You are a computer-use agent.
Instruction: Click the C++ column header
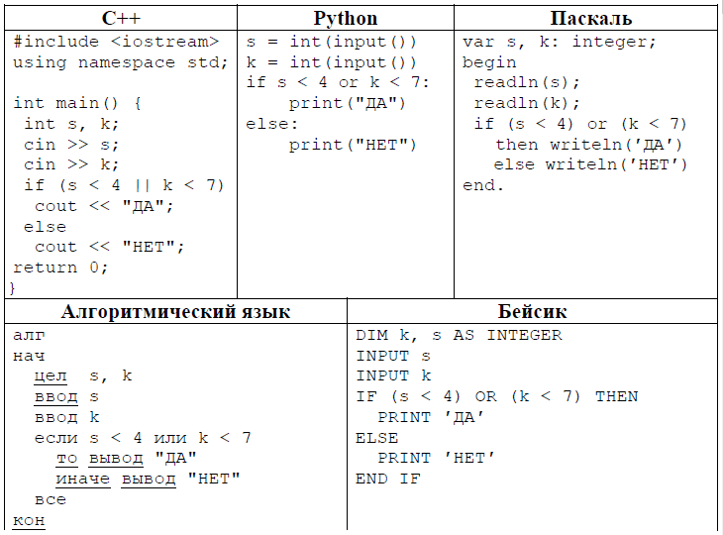point(121,19)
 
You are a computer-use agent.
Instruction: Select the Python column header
point(346,19)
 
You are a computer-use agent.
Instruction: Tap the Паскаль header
point(590,19)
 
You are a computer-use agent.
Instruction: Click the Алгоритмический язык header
point(175,312)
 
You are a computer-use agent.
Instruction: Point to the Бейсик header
point(532,312)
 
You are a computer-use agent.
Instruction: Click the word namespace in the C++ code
point(127,62)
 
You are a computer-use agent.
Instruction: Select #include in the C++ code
point(55,42)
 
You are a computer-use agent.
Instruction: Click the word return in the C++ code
point(45,267)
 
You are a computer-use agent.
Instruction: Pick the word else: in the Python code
point(271,124)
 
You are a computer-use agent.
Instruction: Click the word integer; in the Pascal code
point(614,42)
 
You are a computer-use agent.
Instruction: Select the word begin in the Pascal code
point(489,62)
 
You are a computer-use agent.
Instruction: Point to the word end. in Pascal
point(482,185)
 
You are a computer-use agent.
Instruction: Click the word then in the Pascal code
point(516,145)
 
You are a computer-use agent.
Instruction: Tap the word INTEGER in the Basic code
point(525,335)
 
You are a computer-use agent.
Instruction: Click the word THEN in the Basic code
point(616,396)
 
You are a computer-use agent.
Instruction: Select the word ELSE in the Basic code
point(376,438)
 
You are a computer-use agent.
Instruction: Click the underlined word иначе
point(83,480)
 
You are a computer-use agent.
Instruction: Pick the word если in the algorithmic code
point(56,438)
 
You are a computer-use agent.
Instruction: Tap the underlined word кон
point(29,520)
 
